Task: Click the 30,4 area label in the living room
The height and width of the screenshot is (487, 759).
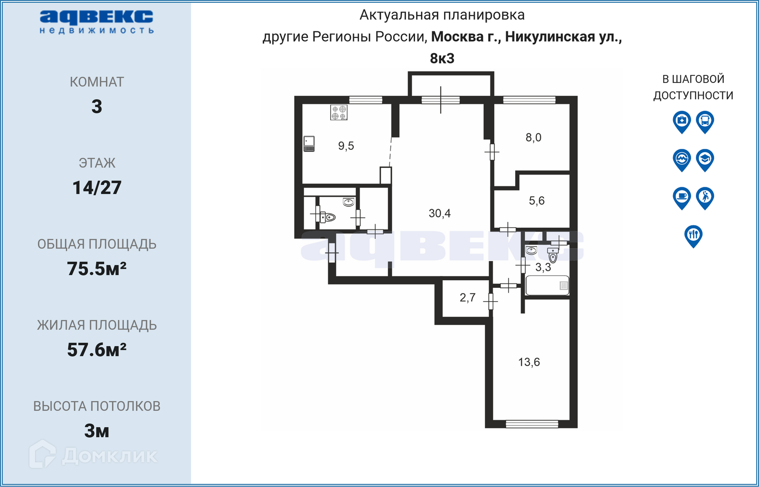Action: coord(439,213)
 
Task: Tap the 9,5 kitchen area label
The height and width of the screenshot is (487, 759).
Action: coord(346,146)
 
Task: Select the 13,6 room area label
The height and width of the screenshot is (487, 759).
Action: coord(529,362)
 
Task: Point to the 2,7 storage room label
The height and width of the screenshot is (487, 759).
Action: coord(468,298)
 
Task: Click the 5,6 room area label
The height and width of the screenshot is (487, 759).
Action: coord(537,201)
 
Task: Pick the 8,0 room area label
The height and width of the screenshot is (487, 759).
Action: coord(533,138)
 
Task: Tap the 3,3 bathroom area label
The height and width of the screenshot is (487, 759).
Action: coord(543,267)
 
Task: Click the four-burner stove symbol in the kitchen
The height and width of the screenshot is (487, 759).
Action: coord(339,113)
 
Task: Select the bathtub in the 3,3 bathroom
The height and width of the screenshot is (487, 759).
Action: coord(547,285)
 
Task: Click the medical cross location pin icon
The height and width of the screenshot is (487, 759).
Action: coord(682,122)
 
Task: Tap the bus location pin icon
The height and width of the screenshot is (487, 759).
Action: coord(705,122)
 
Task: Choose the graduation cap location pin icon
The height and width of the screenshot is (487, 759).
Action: coord(705,160)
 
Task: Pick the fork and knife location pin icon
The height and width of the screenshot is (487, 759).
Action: coord(693,236)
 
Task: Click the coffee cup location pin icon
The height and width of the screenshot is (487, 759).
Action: coord(682,198)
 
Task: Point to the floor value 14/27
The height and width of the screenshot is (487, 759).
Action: coord(97,188)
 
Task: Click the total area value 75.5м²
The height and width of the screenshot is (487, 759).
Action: coord(97,269)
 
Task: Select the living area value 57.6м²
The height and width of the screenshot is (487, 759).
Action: coord(97,350)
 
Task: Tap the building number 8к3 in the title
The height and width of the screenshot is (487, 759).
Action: coord(442,59)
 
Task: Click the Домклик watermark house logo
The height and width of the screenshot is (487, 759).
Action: coord(42,454)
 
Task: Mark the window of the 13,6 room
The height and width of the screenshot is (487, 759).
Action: coord(532,424)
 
